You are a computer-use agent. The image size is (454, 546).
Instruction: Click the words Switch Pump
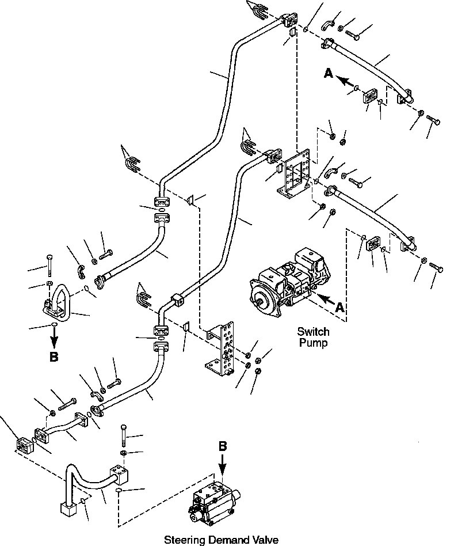313,337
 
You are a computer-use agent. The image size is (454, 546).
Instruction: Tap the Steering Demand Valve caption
221,540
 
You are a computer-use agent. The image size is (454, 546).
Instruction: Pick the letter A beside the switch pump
340,308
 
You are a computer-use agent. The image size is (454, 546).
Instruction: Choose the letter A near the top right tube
328,73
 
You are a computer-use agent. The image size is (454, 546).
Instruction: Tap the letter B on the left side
54,357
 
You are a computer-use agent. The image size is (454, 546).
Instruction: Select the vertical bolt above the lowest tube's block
124,434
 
